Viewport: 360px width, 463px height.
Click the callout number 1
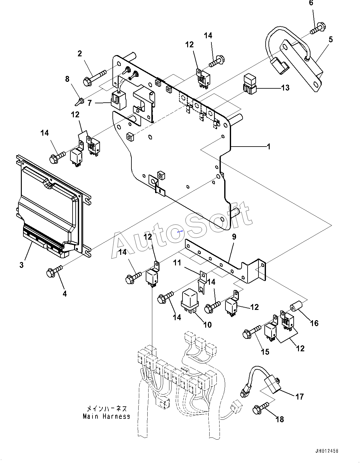[x=268, y=146]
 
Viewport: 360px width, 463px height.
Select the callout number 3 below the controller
[x=21, y=265]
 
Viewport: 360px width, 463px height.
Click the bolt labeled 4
[x=54, y=270]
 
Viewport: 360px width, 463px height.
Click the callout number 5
[x=330, y=40]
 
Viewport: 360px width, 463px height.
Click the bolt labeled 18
[x=261, y=408]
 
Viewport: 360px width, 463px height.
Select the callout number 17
[x=299, y=397]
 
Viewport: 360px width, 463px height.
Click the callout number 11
[x=177, y=263]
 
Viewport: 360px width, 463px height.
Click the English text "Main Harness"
[x=107, y=416]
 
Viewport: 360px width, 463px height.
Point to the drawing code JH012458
[x=326, y=451]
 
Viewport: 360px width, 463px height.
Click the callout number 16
[x=314, y=323]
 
